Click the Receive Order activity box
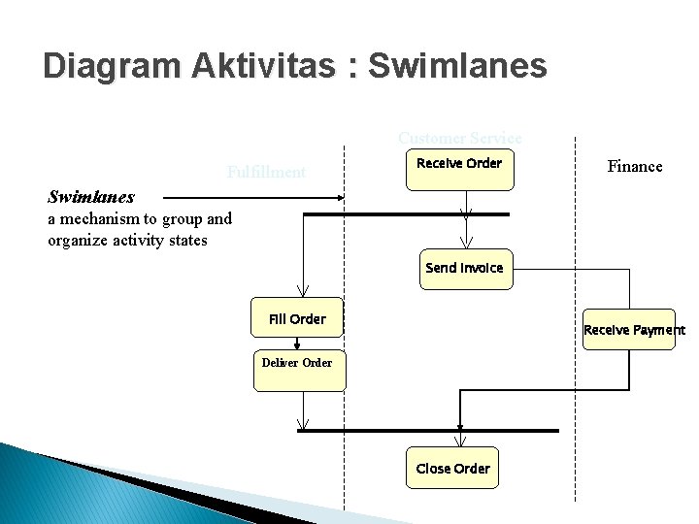coord(459,170)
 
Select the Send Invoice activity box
coord(464,268)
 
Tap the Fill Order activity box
coord(297,317)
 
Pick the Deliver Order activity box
coord(299,370)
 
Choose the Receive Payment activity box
coord(629,330)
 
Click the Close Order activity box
coord(452,468)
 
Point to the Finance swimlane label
coord(635,166)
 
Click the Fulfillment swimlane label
coord(266,173)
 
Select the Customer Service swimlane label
coord(459,139)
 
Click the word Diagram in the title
coord(111,66)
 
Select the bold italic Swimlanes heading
coord(91,197)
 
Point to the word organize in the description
coord(80,240)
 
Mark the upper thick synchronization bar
coord(406,213)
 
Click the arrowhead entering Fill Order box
coord(303,290)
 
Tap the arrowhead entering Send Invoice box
coord(467,243)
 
